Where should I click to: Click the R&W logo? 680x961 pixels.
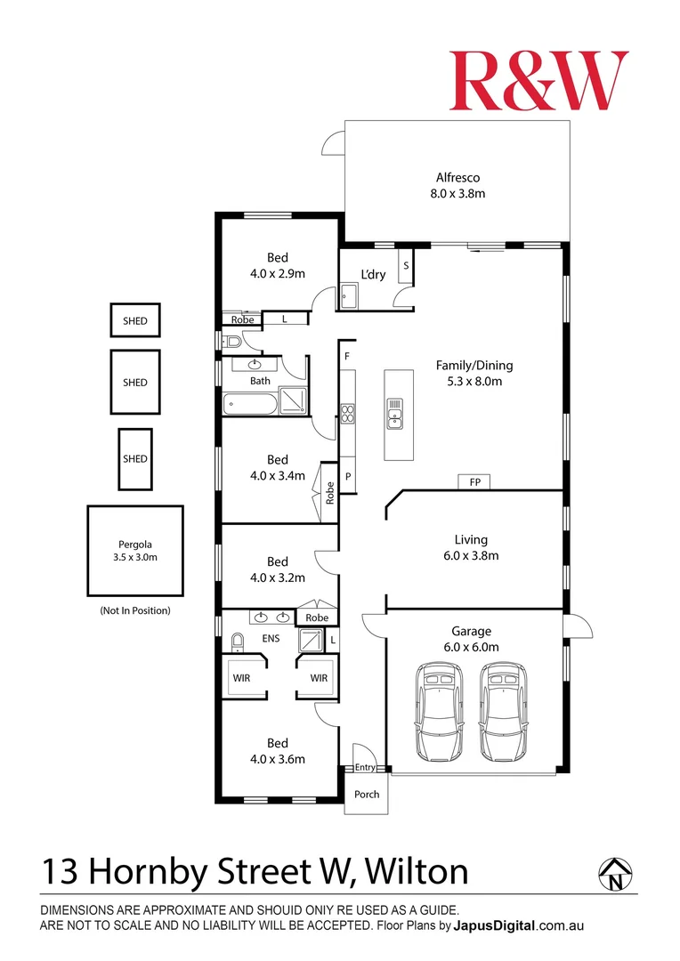coord(538,80)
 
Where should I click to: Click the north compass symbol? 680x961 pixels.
coord(615,873)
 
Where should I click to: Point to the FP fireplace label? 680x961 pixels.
coord(474,482)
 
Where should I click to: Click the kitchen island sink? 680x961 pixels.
coord(394,413)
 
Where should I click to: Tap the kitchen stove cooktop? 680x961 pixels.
coord(347,413)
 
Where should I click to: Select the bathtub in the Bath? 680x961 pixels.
coord(249,402)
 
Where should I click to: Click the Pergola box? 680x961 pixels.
coord(134,551)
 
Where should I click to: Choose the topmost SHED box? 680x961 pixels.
coord(135,320)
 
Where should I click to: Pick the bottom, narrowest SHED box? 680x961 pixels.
coord(135,458)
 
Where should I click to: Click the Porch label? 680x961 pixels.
coord(367,794)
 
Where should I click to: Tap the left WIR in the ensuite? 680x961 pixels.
coord(242,677)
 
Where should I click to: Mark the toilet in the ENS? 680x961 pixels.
coord(238,642)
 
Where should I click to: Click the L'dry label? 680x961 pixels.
coord(373,274)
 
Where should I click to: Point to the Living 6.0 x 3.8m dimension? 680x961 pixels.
coord(471,556)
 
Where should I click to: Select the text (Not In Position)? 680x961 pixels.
coord(134,610)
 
